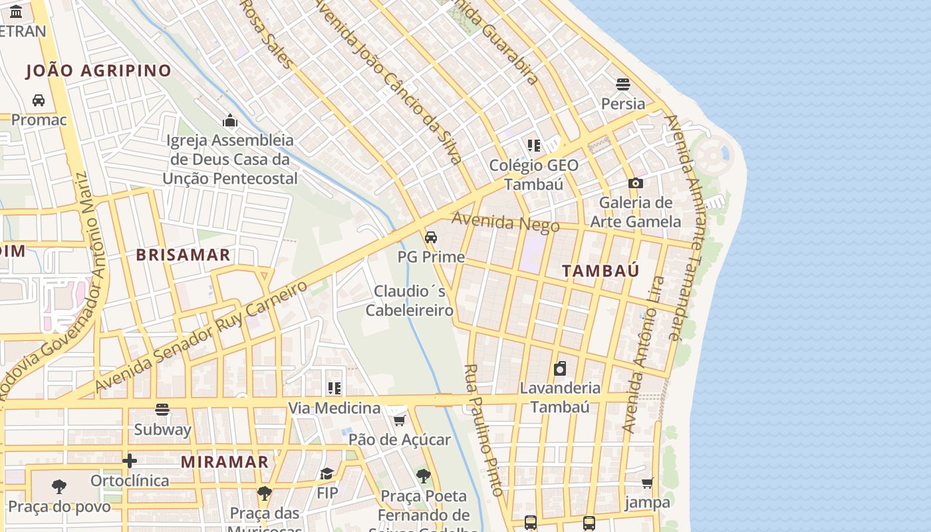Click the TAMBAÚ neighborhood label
point(600,271)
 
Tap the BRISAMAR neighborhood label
point(183,255)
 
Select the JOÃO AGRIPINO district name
point(98,70)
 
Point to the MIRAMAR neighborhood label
point(225,462)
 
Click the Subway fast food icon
point(162,410)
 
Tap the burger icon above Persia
point(623,84)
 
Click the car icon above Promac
point(39,100)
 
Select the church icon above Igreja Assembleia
point(230,120)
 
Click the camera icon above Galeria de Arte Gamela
point(636,183)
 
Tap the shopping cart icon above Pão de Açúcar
point(400,420)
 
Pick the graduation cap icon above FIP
point(327,473)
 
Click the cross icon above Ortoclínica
point(130,461)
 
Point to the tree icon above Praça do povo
point(59,487)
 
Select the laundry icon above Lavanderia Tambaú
point(560,368)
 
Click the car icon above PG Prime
point(431,237)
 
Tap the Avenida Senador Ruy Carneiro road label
point(201,336)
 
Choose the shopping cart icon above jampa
point(647,483)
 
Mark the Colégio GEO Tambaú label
point(533,174)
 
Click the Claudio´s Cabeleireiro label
point(410,301)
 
